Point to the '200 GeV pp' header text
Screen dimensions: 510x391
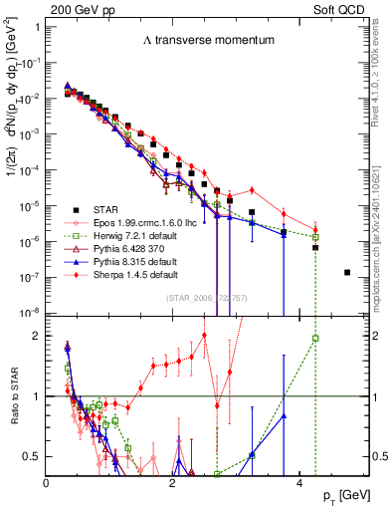79,8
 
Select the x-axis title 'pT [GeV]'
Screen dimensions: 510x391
348,495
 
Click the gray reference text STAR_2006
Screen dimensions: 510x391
204,299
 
